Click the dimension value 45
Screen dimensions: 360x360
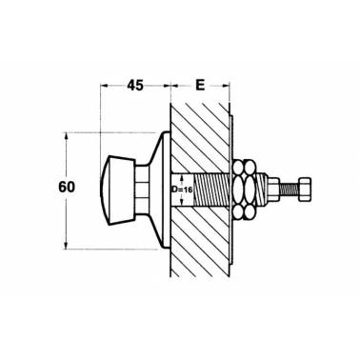(135, 86)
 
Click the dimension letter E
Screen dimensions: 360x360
(200, 86)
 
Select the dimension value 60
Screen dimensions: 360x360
(67, 187)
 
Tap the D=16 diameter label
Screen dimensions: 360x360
(182, 190)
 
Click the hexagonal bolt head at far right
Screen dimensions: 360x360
(305, 190)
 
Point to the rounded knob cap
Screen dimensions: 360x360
(118, 190)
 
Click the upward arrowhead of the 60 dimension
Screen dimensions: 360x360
(66, 136)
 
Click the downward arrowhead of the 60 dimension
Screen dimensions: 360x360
(66, 245)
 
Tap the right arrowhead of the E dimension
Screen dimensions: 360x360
(225, 85)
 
